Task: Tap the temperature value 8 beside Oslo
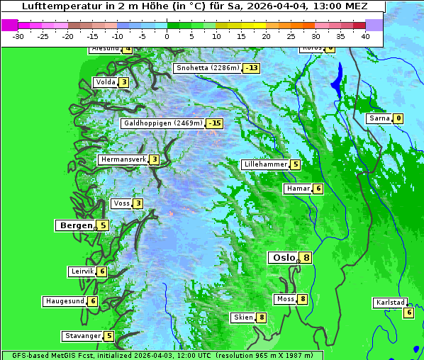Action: pyautogui.click(x=306, y=258)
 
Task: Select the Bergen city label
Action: pyautogui.click(x=76, y=225)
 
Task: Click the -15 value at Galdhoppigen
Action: pyautogui.click(x=215, y=123)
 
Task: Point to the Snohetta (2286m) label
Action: pyautogui.click(x=208, y=68)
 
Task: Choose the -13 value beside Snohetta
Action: pyautogui.click(x=251, y=68)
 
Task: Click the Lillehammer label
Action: pyautogui.click(x=266, y=164)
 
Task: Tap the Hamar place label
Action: pyautogui.click(x=297, y=189)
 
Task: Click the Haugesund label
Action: pyautogui.click(x=65, y=301)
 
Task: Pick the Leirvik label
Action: pyautogui.click(x=82, y=271)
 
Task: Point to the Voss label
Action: pyautogui.click(x=121, y=204)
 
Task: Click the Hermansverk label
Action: pyautogui.click(x=123, y=159)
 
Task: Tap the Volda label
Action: pyautogui.click(x=105, y=82)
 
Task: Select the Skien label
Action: pyautogui.click(x=242, y=317)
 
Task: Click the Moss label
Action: pyautogui.click(x=285, y=299)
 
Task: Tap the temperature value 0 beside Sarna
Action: pyautogui.click(x=398, y=118)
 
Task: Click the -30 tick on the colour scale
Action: pyautogui.click(x=18, y=35)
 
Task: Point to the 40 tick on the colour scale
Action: pyautogui.click(x=365, y=35)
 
